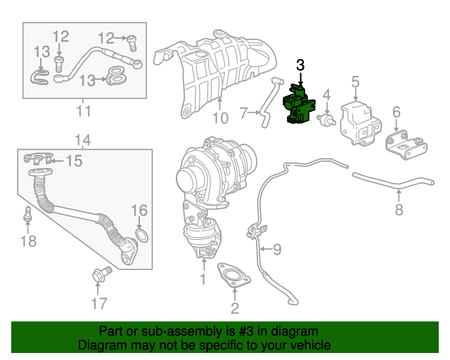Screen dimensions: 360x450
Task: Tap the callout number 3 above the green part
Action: coord(300,65)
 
